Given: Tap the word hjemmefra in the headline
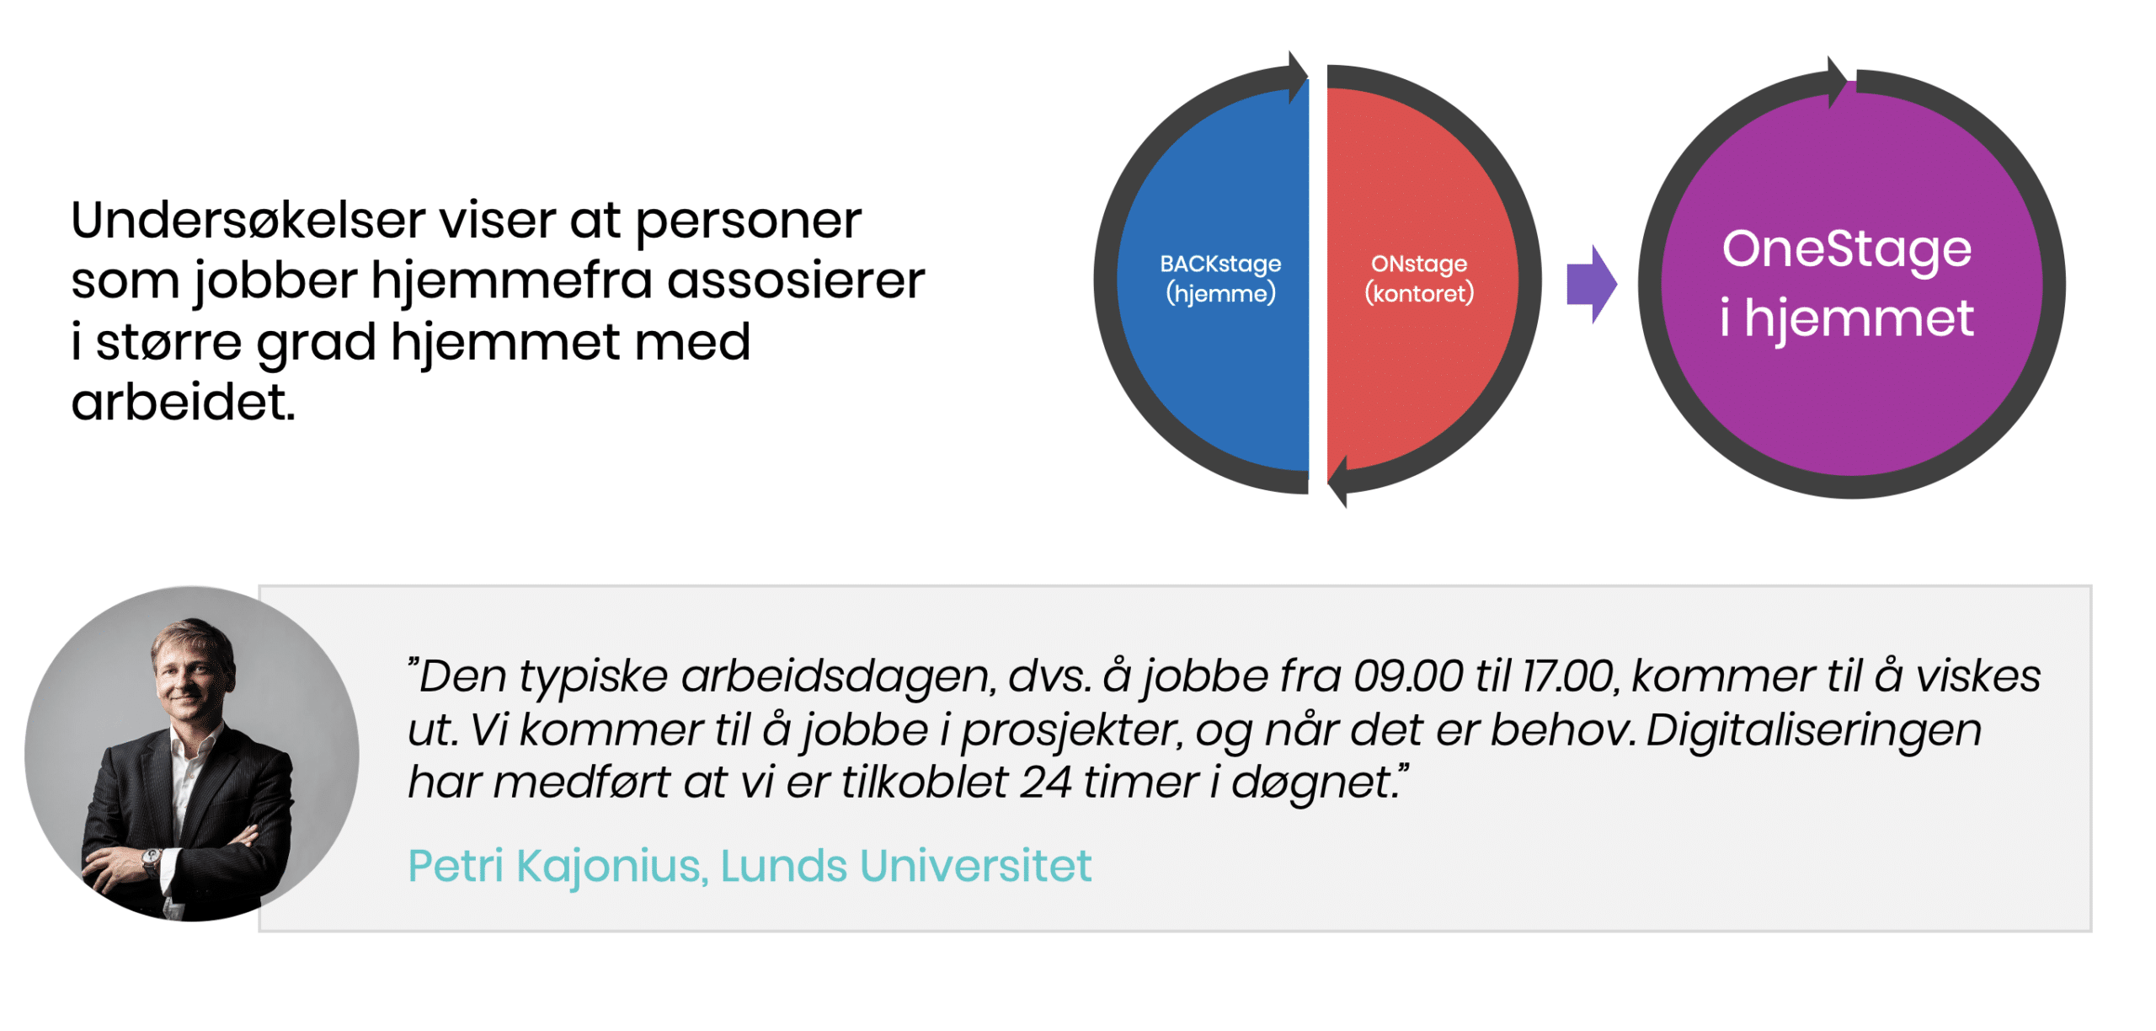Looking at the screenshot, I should point(511,280).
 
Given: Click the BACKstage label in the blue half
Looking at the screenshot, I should point(1219,264).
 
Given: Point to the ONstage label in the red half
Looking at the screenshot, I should point(1418,264).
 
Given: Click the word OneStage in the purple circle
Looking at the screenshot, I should point(1846,249).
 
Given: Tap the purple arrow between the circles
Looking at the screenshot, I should point(1590,285).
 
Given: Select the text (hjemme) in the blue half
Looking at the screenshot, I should point(1219,294).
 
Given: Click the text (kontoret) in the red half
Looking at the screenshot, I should point(1418,294).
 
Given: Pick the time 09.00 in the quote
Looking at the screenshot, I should point(1407,676).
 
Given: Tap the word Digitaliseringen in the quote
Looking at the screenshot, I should point(1813,729).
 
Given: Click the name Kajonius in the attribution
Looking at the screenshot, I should point(611,866).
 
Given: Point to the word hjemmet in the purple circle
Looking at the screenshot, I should point(1858,318).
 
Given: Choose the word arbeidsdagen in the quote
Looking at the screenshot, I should point(839,676).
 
